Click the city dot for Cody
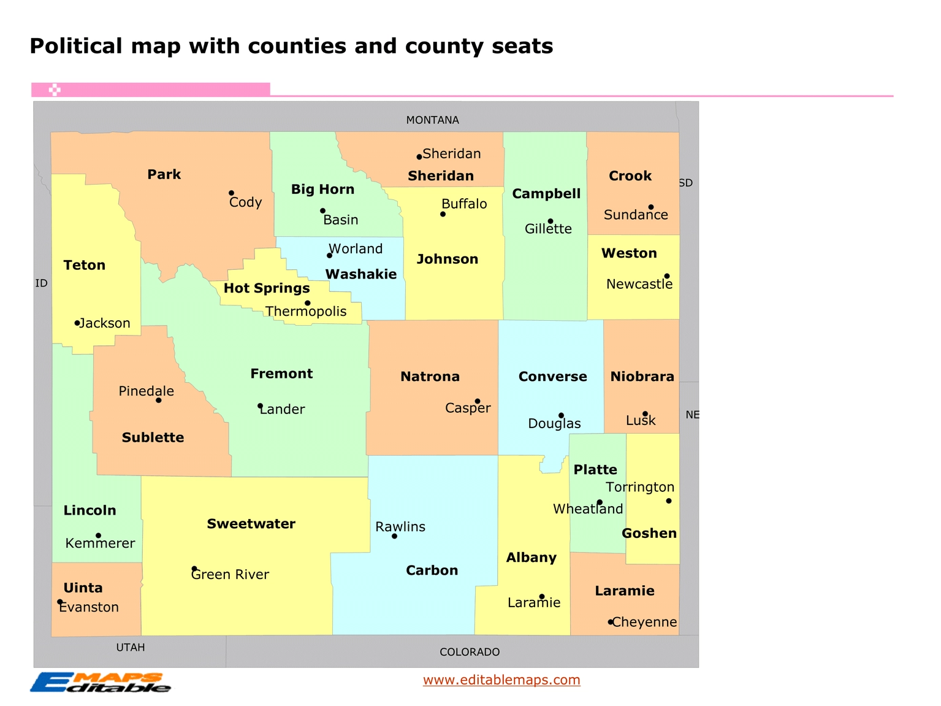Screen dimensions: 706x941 231,193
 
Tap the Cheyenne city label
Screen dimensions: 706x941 644,622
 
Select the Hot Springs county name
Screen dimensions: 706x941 267,288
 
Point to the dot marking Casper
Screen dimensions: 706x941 478,401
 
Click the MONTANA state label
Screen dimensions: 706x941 432,120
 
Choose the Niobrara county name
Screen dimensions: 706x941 642,377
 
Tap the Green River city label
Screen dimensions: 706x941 230,575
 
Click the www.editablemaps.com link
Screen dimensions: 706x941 501,680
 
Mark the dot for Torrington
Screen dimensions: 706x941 669,501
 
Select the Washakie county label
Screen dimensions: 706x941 361,274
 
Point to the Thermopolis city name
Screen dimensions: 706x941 306,312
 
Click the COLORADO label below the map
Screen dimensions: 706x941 470,652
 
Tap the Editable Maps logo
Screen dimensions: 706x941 101,682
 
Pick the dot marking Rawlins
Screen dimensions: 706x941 394,536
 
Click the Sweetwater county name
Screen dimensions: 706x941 251,524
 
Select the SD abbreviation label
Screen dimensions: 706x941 686,183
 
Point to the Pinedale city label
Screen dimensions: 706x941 146,391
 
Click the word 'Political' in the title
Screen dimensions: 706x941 76,46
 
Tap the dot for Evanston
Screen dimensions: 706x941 60,602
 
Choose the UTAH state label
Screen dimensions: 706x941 131,648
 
